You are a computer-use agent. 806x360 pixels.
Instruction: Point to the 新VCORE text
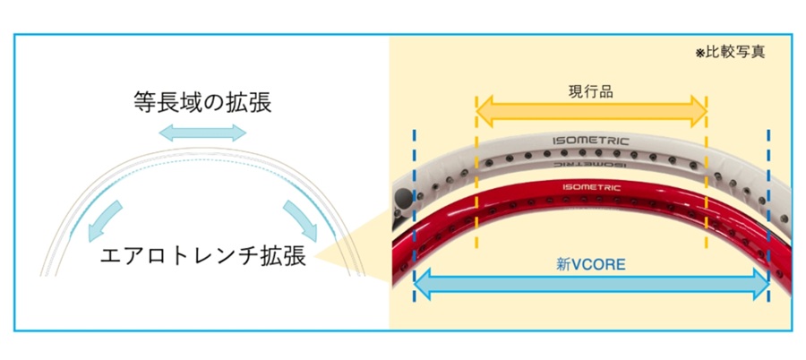(590, 264)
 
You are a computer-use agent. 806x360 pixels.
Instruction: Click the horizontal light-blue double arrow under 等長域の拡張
(201, 133)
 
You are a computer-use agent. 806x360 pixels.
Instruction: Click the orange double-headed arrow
(591, 111)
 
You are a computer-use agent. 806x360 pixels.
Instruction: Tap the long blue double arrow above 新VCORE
(591, 285)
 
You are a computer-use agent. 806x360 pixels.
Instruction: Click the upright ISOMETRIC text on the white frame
(591, 141)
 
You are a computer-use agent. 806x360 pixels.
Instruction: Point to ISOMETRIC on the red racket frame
(591, 188)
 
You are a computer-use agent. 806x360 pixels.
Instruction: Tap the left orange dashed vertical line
(476, 179)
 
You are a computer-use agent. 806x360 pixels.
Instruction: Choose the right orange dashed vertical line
(707, 179)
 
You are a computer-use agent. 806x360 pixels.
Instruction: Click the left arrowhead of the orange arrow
(484, 111)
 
